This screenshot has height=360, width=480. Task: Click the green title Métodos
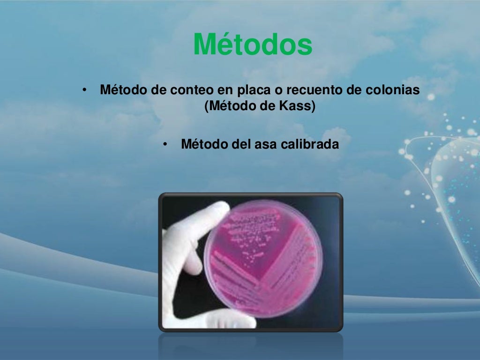click(253, 45)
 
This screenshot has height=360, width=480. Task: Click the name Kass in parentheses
click(297, 106)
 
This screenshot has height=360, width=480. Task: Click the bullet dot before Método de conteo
click(84, 90)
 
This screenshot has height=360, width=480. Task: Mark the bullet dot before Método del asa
click(165, 144)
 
